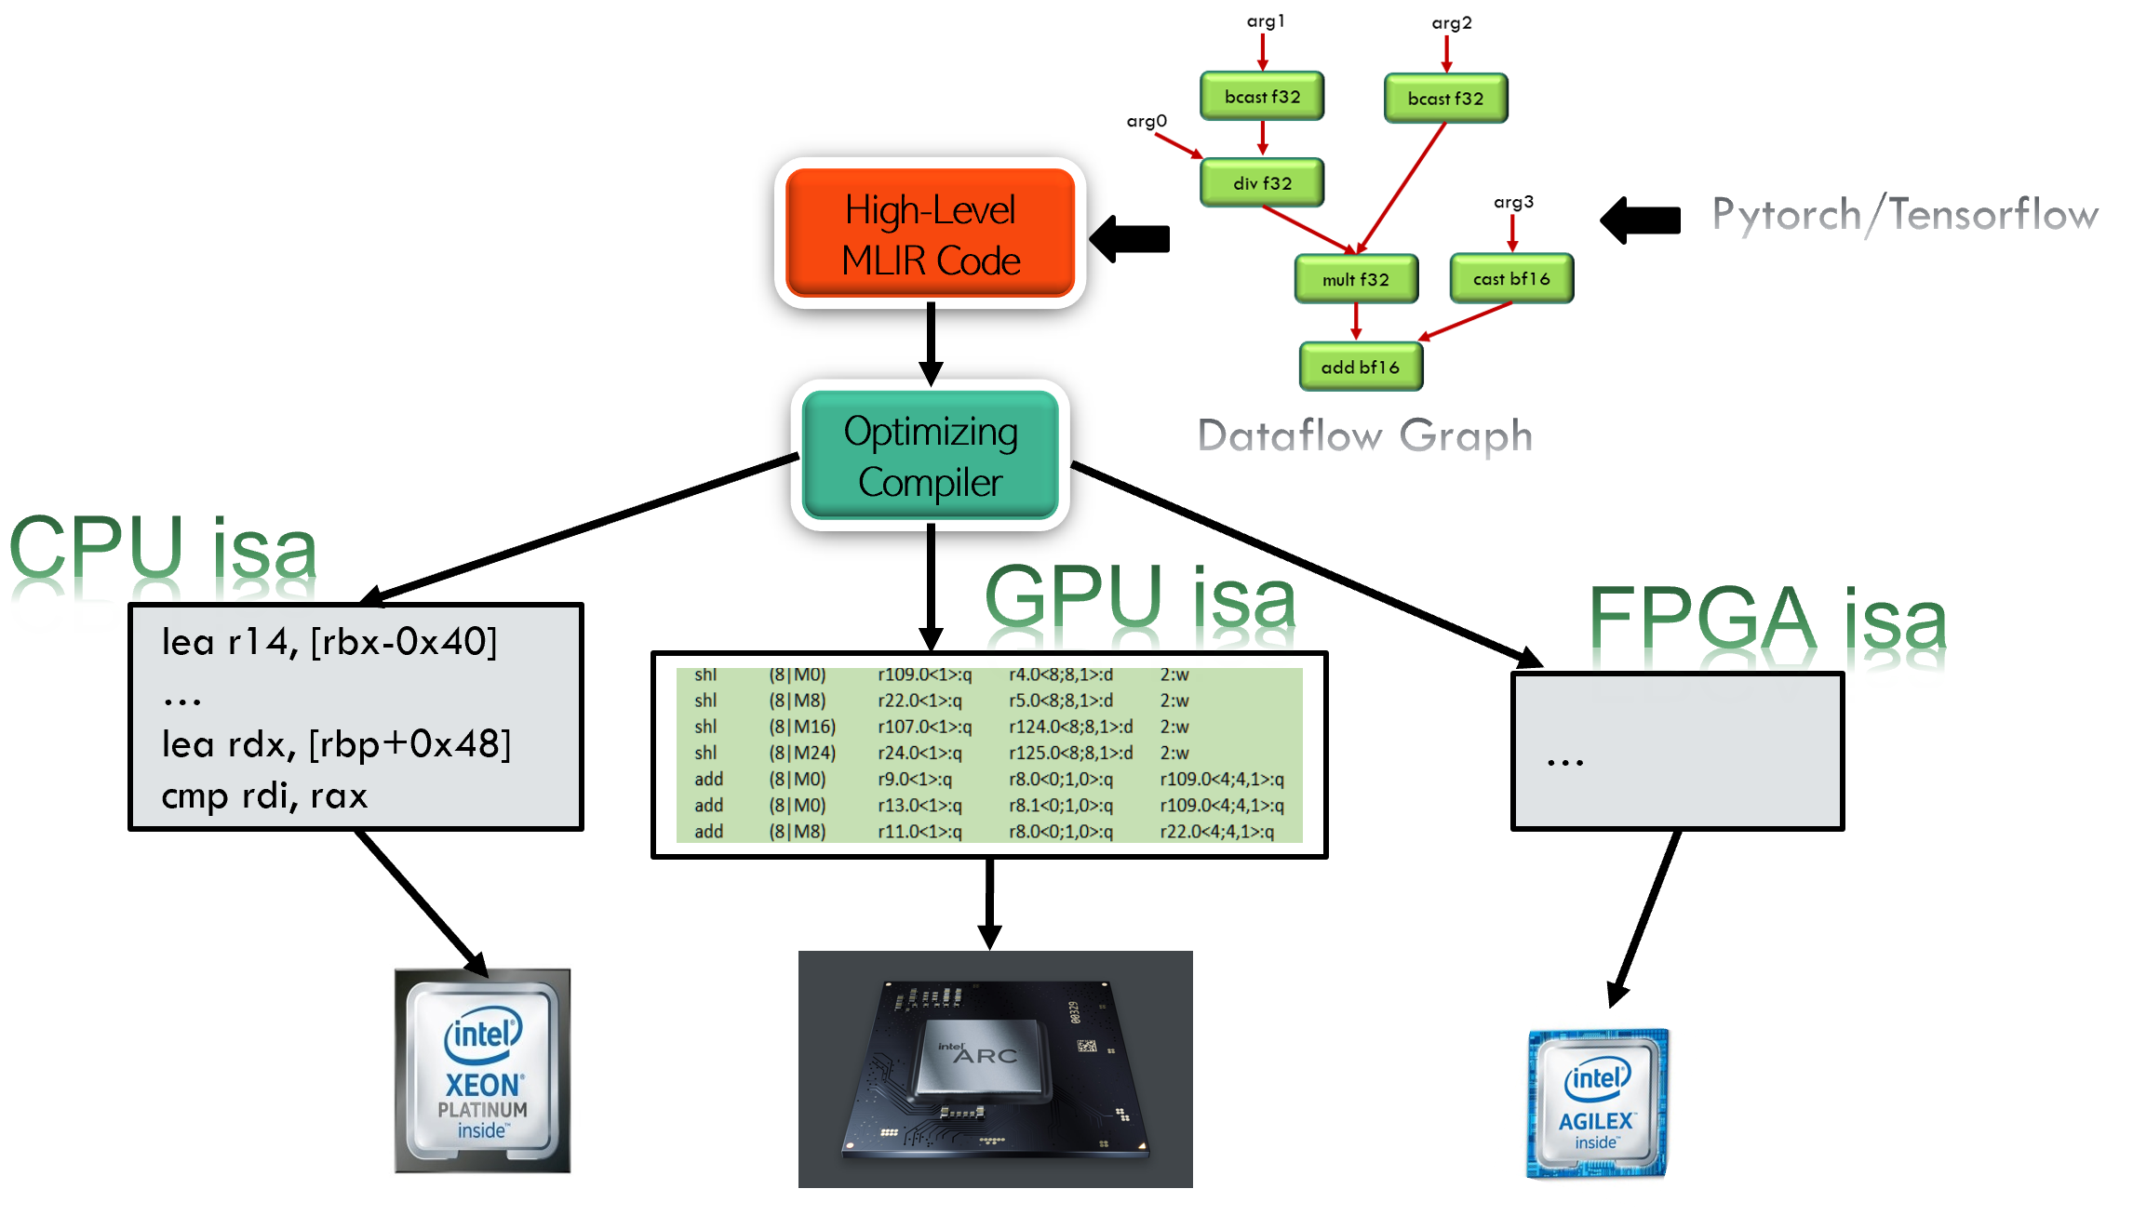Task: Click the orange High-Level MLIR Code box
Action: (x=930, y=234)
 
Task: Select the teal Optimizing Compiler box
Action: (x=930, y=456)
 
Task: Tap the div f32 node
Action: (x=1262, y=183)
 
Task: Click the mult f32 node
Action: (x=1356, y=279)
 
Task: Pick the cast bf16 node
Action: (x=1511, y=278)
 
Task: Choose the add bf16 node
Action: (x=1361, y=367)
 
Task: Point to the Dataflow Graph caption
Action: (x=1365, y=436)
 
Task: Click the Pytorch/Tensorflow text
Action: (x=1904, y=215)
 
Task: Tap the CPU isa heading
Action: (x=164, y=558)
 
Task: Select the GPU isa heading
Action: (x=1140, y=605)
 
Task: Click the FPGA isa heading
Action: (x=1766, y=628)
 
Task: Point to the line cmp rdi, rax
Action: (x=264, y=796)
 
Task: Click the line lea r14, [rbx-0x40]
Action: (x=329, y=642)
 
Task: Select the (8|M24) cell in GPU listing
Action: (x=801, y=753)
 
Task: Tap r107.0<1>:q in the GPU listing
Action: (x=924, y=727)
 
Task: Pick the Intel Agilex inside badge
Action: (x=1596, y=1102)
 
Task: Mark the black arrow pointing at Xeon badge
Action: (x=463, y=948)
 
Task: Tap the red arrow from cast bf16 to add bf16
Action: (x=1465, y=322)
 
